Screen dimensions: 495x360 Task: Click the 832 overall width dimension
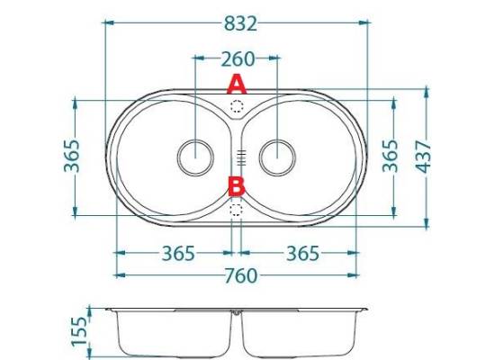coord(240,23)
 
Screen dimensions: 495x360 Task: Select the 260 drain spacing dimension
coord(238,59)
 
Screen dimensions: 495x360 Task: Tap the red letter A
coord(237,84)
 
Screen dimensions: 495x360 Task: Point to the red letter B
coord(237,186)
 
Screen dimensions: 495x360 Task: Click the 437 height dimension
coord(423,157)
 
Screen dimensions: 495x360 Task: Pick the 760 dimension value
coord(241,276)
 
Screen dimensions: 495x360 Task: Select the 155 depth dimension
coord(79,331)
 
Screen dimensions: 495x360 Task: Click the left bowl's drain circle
coord(195,157)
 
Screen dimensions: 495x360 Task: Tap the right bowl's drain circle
coord(277,157)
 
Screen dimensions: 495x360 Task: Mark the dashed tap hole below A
coord(237,106)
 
